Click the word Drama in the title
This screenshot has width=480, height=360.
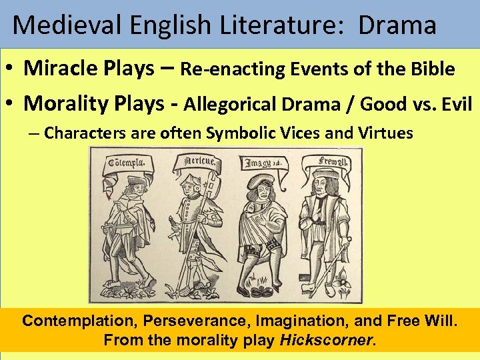[397, 25]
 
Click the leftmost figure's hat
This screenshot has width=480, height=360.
[137, 181]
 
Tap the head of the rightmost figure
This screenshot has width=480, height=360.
[325, 182]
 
